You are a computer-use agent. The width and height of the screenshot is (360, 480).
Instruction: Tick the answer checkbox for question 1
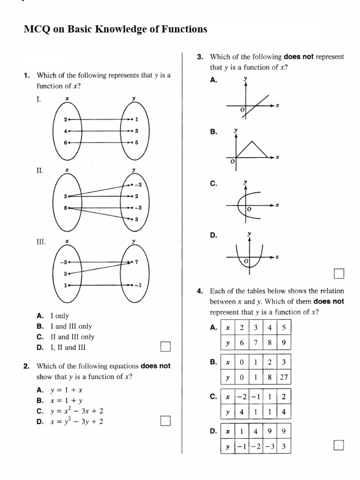tap(165, 346)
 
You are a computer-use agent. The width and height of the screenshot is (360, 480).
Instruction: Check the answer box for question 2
tap(165, 421)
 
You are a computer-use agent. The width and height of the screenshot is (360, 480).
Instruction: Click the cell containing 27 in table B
tap(284, 378)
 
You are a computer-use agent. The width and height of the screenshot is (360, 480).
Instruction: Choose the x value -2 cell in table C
tap(242, 397)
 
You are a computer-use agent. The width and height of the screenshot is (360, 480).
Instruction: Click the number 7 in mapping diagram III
tap(136, 262)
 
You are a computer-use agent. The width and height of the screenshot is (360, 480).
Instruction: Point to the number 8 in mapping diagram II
tap(66, 208)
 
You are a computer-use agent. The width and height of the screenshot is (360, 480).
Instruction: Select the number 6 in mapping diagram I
tap(66, 142)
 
